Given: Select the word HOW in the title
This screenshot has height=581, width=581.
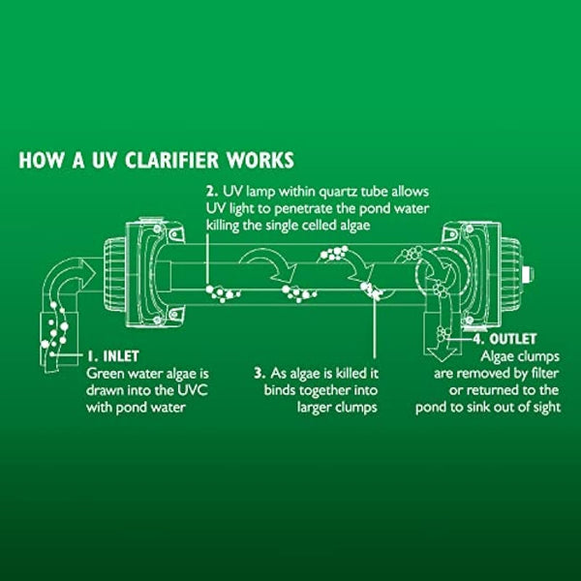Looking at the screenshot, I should click(x=41, y=159).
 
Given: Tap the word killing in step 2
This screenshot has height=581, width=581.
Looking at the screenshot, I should click(x=228, y=225).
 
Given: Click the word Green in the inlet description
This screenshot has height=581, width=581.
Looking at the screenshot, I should click(x=107, y=373).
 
